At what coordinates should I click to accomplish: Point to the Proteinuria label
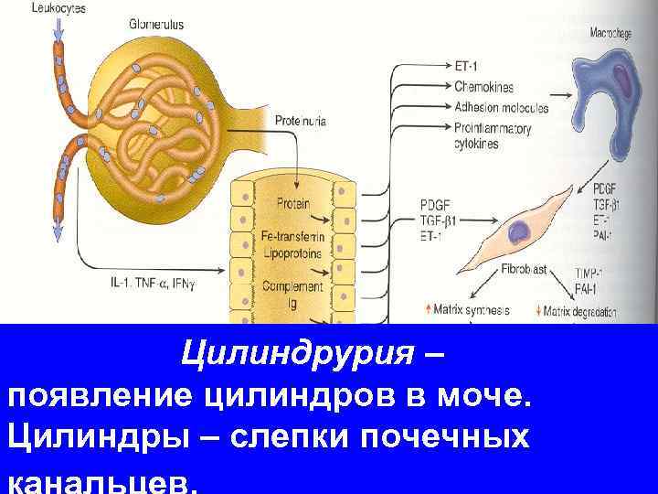click(x=301, y=121)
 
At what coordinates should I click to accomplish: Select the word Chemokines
click(x=483, y=87)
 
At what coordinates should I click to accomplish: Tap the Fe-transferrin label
click(x=293, y=237)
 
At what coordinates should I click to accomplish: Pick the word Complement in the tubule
click(x=292, y=286)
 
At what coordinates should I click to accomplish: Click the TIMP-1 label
click(x=594, y=274)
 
